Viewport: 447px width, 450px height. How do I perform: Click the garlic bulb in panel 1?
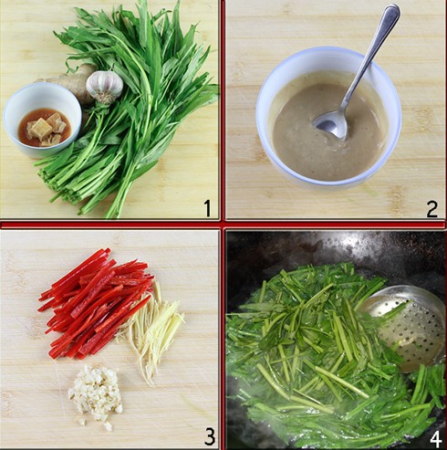point(104,87)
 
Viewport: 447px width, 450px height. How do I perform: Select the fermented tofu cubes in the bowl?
point(47,129)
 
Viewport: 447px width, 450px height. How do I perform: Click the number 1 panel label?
point(207,208)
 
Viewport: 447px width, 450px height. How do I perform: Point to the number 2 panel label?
point(432,209)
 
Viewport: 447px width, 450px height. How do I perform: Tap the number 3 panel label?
point(210,436)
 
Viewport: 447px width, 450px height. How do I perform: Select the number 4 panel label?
point(435,439)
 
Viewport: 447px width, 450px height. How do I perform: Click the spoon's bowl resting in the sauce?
point(330,124)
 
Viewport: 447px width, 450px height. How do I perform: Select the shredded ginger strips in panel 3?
point(152,330)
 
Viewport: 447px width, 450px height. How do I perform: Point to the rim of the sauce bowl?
point(328,50)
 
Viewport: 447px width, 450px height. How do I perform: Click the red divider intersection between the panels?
point(223,225)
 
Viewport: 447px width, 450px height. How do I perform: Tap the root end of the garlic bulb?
point(105,98)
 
